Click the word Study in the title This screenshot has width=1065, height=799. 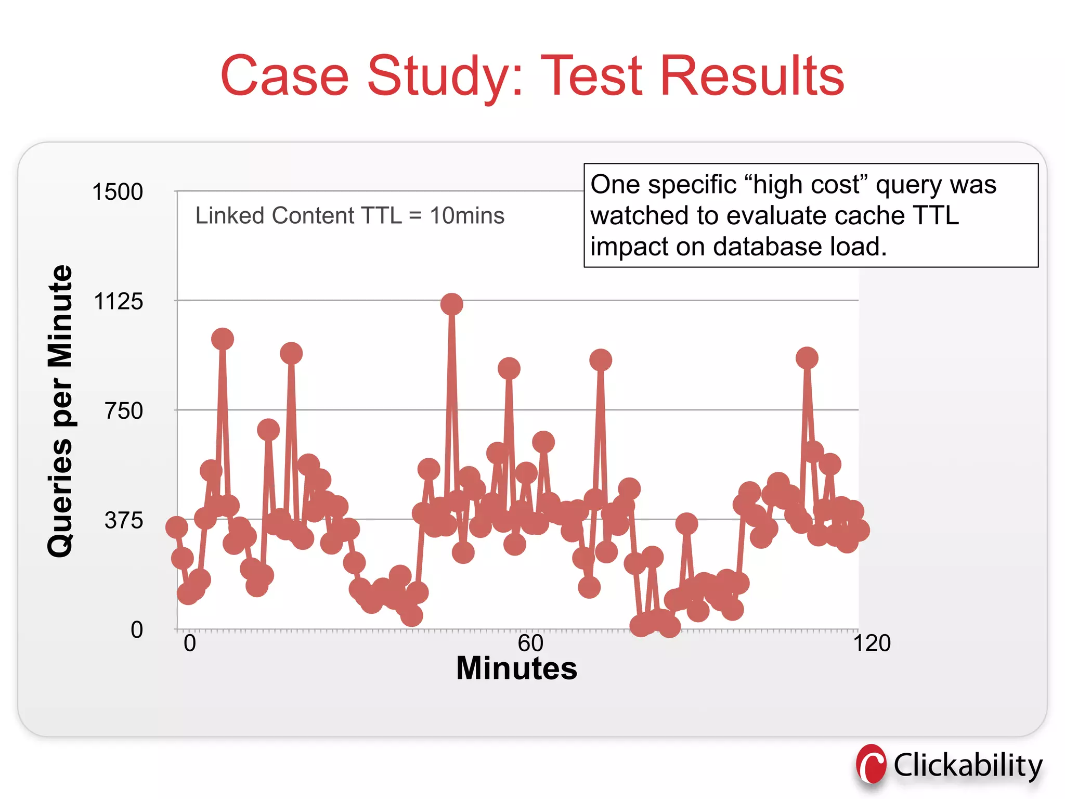(445, 76)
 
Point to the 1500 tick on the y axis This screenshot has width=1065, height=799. (118, 192)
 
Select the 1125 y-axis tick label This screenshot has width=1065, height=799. (118, 302)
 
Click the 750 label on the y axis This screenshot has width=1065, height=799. (124, 411)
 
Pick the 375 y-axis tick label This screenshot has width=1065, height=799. (124, 520)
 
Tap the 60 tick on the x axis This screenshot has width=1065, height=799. (530, 643)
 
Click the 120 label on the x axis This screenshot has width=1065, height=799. (872, 643)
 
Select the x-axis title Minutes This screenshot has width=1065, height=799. (516, 668)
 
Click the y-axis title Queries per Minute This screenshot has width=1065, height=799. (60, 411)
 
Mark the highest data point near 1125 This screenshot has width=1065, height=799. (451, 304)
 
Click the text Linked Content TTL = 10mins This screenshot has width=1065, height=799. (349, 215)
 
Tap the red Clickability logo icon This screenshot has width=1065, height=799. (871, 765)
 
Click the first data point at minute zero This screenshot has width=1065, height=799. (176, 527)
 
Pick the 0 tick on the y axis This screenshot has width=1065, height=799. (137, 630)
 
